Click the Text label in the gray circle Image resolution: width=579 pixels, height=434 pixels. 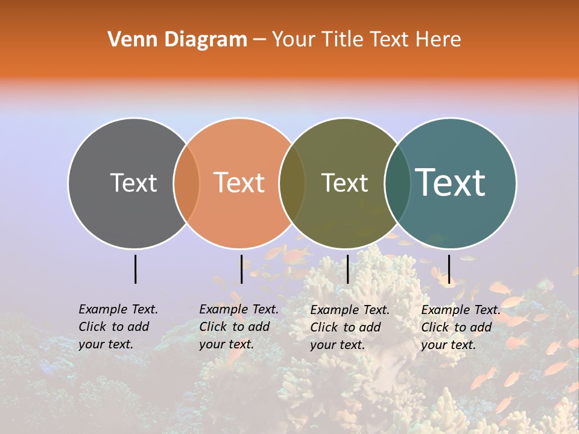133,183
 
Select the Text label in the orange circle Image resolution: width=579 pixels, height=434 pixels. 239,183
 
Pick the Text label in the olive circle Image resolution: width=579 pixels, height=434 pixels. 344,183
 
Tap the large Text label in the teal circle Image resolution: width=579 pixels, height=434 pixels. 451,183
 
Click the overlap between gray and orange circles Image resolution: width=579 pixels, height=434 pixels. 186,183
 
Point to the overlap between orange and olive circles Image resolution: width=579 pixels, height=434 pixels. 292,183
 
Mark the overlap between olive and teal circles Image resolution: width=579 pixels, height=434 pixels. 397,183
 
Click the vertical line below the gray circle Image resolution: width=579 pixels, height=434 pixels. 136,269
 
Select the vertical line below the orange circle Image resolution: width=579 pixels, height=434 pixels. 241,269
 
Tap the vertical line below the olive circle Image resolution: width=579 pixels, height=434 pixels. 347,269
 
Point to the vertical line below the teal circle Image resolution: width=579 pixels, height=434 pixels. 449,269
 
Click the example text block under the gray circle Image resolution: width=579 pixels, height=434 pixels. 118,327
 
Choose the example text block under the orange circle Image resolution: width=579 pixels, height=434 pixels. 238,327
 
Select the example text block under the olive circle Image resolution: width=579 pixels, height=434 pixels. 349,327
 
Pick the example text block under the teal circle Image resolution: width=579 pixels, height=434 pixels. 460,327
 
